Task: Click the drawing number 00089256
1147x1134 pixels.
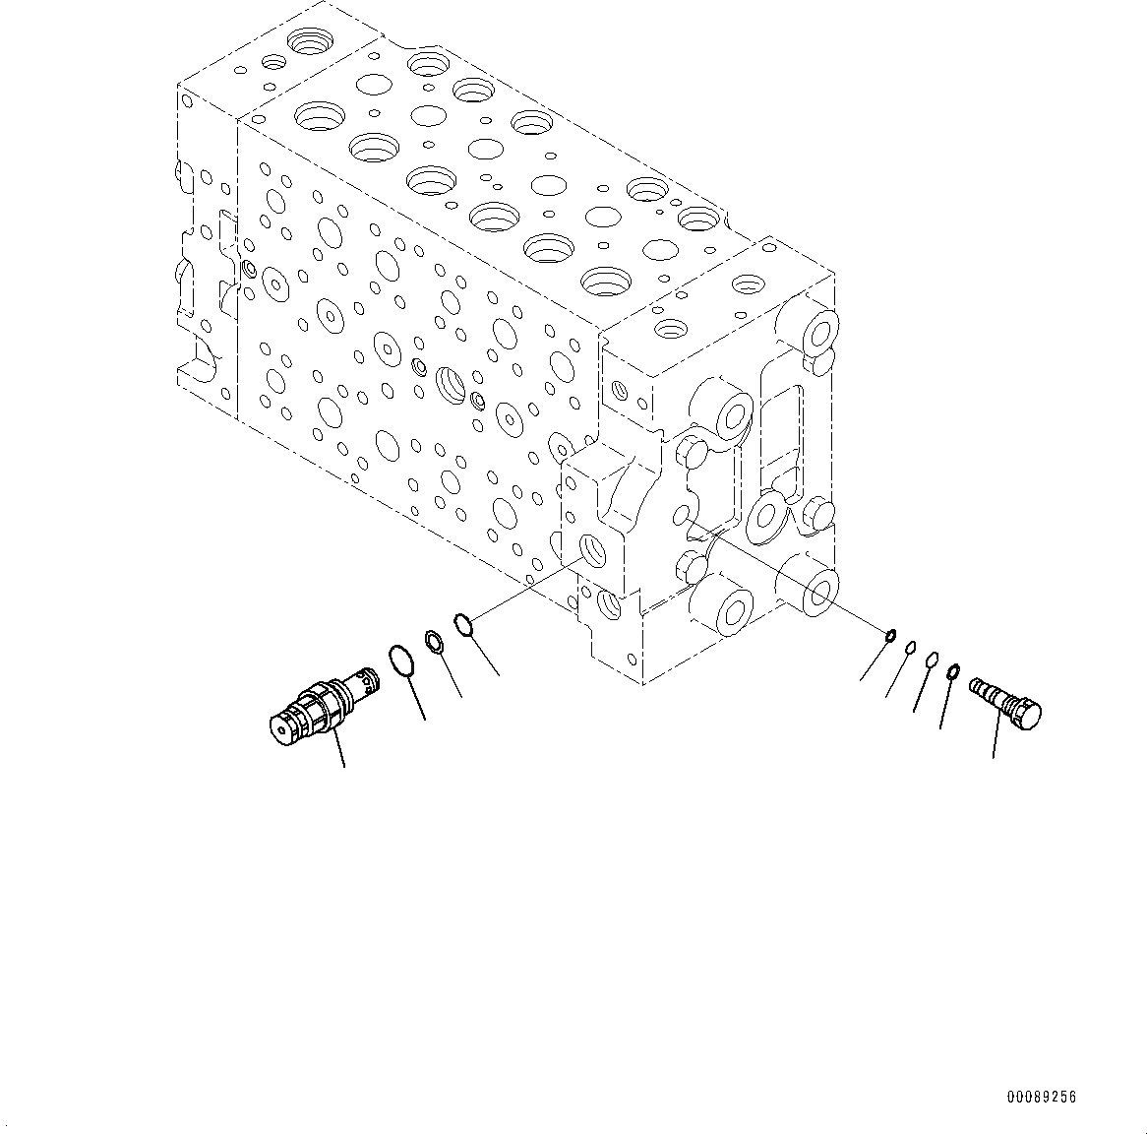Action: [x=1041, y=1098]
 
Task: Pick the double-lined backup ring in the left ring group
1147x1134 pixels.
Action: [x=435, y=642]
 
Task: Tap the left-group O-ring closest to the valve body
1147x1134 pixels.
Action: [x=464, y=623]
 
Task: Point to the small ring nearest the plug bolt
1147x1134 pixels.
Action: [x=952, y=672]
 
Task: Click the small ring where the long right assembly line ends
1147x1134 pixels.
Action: [x=890, y=636]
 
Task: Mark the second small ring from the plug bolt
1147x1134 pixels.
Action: [x=932, y=661]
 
